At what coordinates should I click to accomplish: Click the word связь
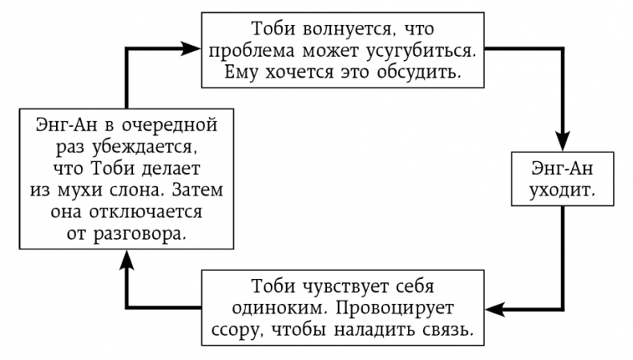click(x=446, y=329)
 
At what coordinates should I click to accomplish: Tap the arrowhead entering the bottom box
click(x=494, y=308)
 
